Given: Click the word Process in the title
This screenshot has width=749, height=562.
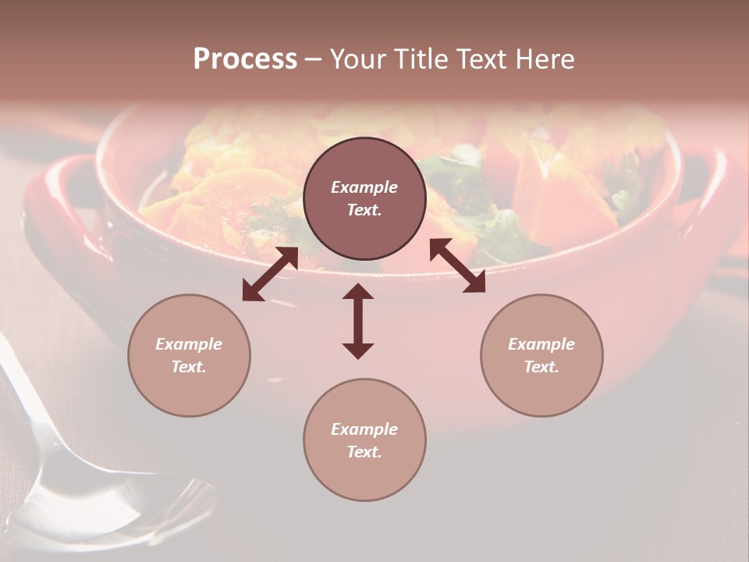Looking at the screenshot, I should [x=245, y=59].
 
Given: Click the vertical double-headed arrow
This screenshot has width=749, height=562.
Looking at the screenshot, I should [x=358, y=321].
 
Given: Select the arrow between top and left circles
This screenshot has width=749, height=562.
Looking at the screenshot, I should [x=270, y=274].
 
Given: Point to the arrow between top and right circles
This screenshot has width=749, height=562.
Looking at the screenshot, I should [x=457, y=265].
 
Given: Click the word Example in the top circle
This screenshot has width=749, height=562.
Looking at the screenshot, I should [x=364, y=187].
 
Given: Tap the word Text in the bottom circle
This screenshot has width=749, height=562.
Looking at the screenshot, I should [x=364, y=452].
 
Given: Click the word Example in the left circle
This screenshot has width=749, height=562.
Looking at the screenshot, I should [x=189, y=344].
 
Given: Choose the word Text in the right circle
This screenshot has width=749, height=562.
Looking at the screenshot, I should [x=541, y=367].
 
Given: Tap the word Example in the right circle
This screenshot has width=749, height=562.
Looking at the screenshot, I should [x=541, y=344].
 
